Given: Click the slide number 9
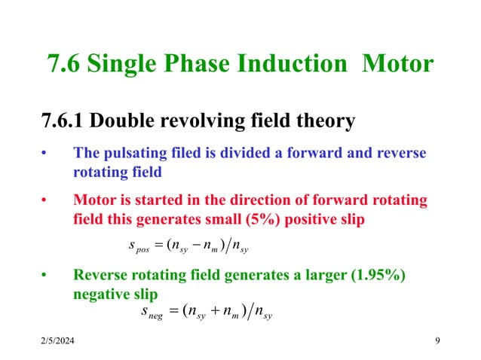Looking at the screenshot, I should (438, 343).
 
